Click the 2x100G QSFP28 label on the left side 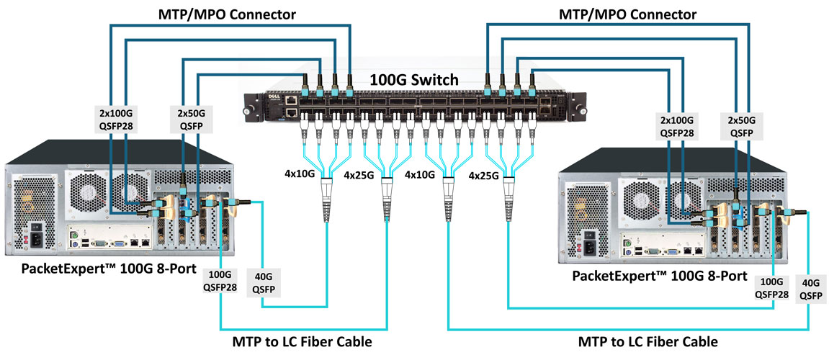coord(116,120)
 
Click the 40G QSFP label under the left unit coord(262,282)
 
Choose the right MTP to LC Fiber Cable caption coord(647,341)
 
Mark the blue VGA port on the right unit coord(671,253)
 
